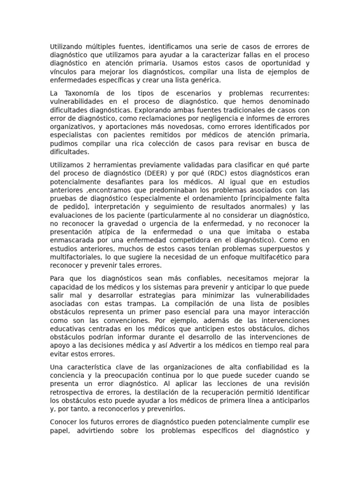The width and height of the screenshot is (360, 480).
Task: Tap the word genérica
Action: click(204, 80)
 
